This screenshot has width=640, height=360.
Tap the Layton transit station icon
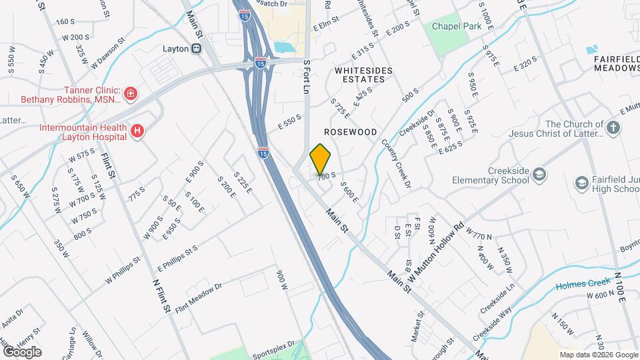pos(197,49)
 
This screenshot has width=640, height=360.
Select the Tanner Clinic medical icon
pos(131,93)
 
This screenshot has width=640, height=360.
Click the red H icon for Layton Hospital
pos(137,131)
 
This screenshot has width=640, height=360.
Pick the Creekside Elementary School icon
pos(539,175)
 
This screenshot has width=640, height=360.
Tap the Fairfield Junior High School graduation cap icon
pos(582,182)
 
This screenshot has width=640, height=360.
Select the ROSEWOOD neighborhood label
pos(351,132)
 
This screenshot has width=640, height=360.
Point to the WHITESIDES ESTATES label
pos(360,74)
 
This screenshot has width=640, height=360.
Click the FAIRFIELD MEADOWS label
pos(616,63)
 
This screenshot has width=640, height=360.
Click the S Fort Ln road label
pos(307,77)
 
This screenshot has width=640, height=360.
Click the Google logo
pos(22,351)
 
